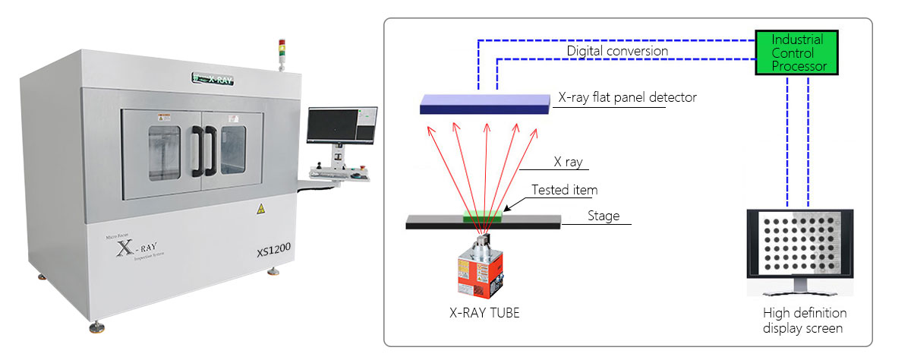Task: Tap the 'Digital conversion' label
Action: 617,51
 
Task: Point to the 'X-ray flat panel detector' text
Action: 627,97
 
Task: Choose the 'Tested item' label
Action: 564,190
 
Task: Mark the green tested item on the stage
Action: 483,217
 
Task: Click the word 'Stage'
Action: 604,216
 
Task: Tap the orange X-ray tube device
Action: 480,269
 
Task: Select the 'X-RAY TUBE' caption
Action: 484,312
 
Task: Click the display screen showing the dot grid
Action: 799,250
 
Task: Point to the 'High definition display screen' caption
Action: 805,321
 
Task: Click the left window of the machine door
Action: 163,153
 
